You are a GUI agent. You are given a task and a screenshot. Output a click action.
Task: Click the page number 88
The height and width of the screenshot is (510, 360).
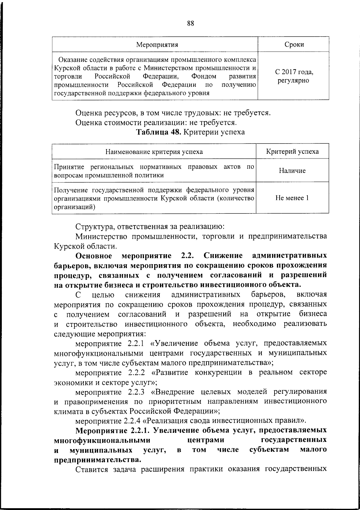pos(190,24)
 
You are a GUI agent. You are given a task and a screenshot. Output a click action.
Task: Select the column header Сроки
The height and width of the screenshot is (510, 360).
pos(294,45)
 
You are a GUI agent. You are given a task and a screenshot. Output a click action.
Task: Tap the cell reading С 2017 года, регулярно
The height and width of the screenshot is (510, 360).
pos(294,77)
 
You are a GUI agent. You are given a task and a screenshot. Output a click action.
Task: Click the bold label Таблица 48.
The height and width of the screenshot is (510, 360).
pos(158,132)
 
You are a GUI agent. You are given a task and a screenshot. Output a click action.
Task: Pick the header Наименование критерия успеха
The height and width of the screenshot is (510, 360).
pos(154,152)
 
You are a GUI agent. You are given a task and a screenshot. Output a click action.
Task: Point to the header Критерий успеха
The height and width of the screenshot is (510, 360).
pos(292,151)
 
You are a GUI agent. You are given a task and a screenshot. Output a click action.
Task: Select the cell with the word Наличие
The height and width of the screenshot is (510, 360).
pos(292,171)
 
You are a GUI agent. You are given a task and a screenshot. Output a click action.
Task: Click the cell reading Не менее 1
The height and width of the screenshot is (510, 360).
pos(292,198)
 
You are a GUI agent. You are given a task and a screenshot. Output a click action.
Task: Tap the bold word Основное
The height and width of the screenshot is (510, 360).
pos(94,256)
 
